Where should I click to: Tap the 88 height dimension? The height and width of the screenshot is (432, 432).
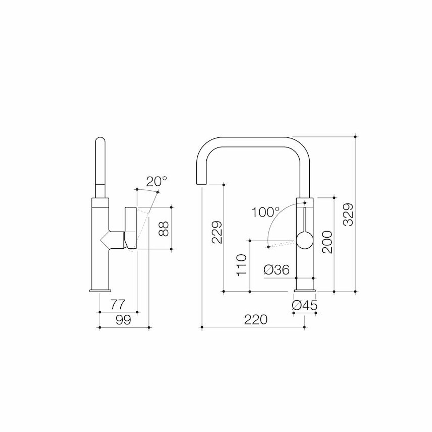(x=163, y=229)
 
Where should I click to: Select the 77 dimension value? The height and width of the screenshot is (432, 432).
(x=118, y=305)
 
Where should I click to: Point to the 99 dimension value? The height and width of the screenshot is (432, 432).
(x=123, y=320)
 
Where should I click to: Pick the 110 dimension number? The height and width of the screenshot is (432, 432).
(x=242, y=265)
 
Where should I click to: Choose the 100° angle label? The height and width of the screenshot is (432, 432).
(x=265, y=212)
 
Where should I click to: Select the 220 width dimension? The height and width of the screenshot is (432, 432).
(x=256, y=320)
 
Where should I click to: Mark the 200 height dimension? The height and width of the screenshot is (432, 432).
(x=327, y=242)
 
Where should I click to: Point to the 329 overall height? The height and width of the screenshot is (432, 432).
(x=348, y=215)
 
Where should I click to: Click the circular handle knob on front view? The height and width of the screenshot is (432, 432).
(x=304, y=240)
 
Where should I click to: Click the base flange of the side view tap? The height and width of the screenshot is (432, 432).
(x=100, y=291)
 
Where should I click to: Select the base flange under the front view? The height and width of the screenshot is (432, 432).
(x=305, y=291)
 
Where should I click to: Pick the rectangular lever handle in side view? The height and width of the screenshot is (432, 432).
(x=131, y=227)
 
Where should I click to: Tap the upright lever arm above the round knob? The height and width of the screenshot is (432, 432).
(x=305, y=219)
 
